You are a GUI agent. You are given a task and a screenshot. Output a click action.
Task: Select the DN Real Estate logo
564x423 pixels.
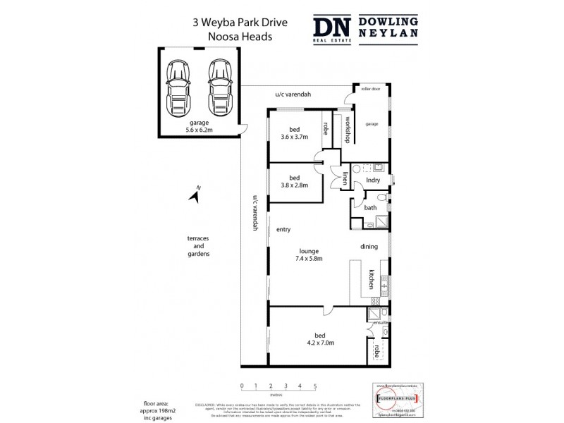coord(331,30)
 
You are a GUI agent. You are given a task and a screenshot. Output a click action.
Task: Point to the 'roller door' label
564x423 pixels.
coord(371,90)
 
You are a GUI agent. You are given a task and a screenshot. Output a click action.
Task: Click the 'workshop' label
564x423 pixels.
coord(348,129)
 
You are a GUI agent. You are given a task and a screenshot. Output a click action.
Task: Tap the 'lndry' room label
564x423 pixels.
coord(374,180)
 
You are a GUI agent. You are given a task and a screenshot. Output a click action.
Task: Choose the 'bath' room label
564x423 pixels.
coord(370,208)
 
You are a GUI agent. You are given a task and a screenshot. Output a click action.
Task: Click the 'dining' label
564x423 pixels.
coord(369,247)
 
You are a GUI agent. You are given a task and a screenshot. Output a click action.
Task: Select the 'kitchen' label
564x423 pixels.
coord(370,280)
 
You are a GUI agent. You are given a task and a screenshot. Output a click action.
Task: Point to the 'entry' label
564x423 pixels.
coord(283,229)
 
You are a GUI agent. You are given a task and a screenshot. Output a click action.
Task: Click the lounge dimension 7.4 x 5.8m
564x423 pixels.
coord(309,259)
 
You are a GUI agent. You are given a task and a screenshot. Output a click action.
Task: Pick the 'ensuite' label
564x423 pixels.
coord(381,322)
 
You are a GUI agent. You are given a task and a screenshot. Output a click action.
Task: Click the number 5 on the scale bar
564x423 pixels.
coord(315,386)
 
